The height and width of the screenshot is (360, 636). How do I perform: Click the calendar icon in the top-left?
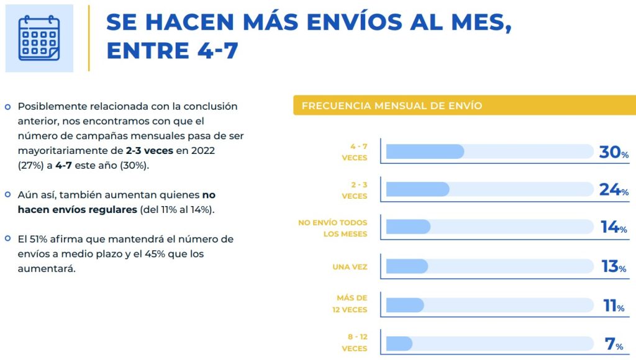(39, 38)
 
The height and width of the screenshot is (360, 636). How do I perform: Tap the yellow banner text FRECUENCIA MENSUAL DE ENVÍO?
(391, 106)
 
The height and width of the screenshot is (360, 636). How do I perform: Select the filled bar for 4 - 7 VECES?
(425, 151)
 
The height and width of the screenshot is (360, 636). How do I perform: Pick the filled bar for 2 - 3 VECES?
(417, 189)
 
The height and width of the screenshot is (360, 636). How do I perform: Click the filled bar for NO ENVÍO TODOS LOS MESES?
(408, 227)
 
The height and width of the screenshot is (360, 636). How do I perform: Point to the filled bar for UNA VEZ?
(407, 266)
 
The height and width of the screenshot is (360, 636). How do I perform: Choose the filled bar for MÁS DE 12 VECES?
(405, 305)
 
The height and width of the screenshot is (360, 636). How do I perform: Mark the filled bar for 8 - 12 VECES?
(399, 343)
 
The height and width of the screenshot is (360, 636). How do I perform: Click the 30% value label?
(614, 152)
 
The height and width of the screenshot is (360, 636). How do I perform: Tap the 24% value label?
(614, 190)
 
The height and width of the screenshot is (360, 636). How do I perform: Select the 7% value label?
(614, 344)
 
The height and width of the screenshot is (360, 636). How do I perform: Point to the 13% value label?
(614, 267)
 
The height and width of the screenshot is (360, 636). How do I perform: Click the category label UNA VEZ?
(350, 267)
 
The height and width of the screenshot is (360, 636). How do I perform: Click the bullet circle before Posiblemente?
(8, 107)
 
